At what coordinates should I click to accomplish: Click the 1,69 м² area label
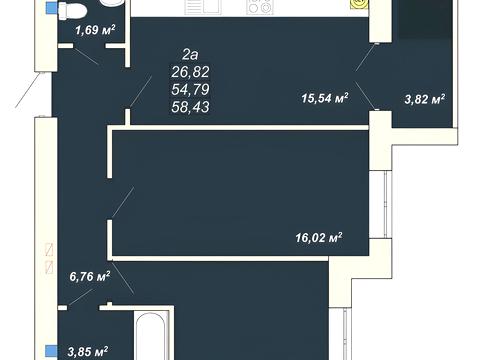(x=95, y=30)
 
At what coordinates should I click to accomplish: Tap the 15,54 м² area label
(x=325, y=98)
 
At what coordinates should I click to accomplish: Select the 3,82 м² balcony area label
(x=425, y=99)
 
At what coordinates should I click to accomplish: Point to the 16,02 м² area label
(x=319, y=238)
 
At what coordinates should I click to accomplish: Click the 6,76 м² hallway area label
(x=90, y=276)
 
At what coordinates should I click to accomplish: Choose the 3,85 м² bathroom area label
(x=88, y=351)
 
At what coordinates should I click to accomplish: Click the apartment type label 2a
(x=190, y=55)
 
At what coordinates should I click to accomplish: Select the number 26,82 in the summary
(x=190, y=72)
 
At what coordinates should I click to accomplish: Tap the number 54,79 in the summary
(x=190, y=89)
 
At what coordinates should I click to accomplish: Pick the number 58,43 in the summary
(x=190, y=107)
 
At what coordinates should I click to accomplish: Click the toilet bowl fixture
(x=72, y=10)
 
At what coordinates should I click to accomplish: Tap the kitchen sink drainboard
(x=203, y=7)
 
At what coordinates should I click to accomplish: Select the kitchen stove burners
(x=260, y=7)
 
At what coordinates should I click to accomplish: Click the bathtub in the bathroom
(x=150, y=336)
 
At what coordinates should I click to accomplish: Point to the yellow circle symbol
(x=360, y=4)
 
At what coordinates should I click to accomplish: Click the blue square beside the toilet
(x=51, y=8)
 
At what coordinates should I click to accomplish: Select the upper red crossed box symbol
(x=49, y=250)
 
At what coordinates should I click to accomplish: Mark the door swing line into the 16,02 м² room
(x=123, y=202)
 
